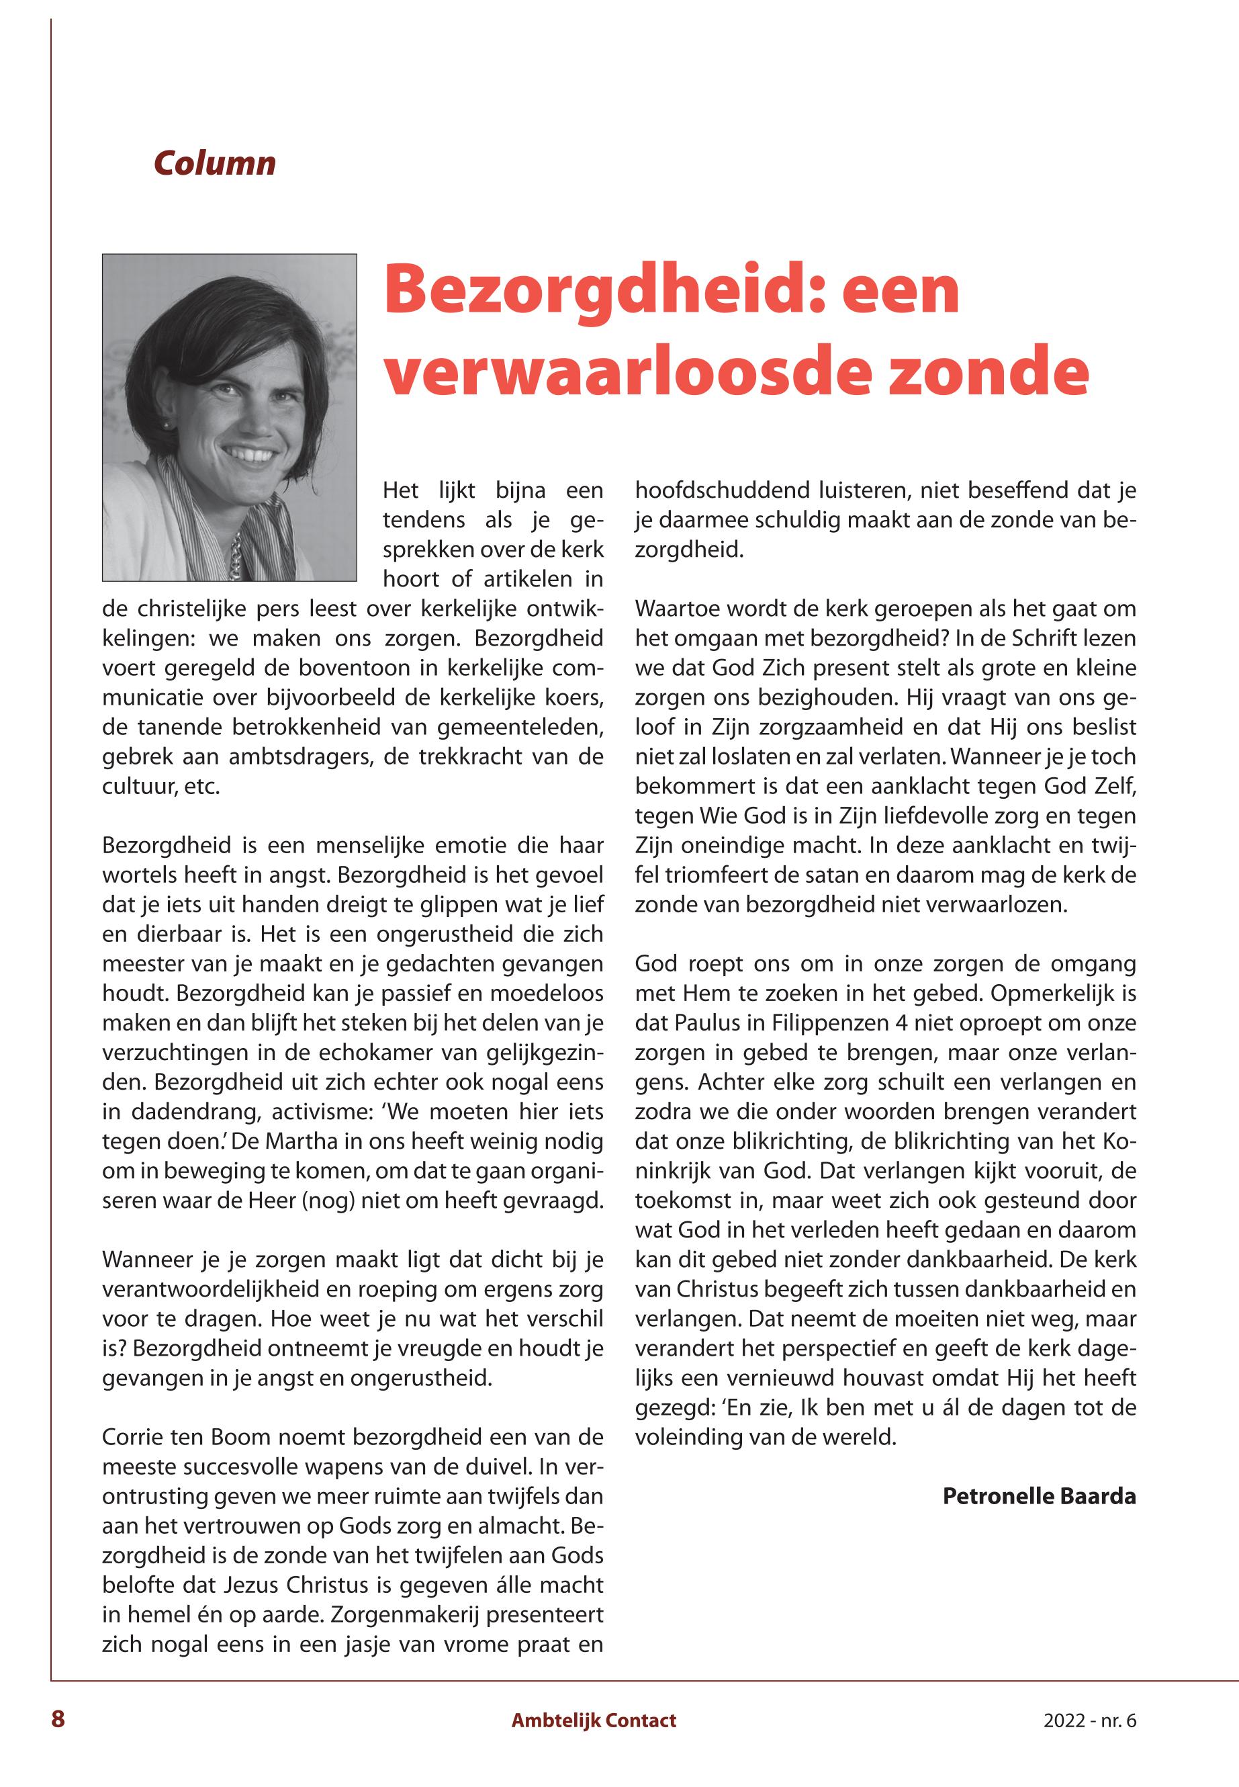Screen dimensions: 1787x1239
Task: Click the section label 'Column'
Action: [214, 163]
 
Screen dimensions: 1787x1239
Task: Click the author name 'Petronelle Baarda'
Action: [1039, 1495]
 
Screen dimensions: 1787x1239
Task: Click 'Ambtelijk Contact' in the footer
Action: [593, 1720]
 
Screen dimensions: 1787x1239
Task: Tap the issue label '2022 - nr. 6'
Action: [1089, 1720]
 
